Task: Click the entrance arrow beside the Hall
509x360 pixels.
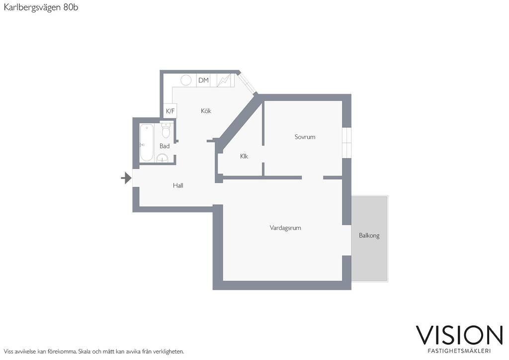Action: tap(126, 178)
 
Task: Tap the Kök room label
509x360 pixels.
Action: tap(206, 111)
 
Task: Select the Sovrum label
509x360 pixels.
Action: tap(305, 137)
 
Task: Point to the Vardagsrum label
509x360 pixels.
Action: tap(285, 228)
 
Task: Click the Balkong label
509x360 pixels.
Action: tap(369, 235)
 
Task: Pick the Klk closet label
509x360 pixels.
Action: tap(244, 157)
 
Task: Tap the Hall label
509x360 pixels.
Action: tap(178, 185)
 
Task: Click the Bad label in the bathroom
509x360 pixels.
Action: tap(165, 146)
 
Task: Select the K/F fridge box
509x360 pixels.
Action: tap(170, 111)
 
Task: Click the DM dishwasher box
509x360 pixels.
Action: tap(203, 80)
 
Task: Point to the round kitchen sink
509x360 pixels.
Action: tap(186, 80)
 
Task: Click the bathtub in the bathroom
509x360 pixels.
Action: tap(147, 143)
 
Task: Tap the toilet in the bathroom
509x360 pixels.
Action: tap(166, 130)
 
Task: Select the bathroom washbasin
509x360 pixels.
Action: tap(163, 158)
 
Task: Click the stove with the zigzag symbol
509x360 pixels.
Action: tap(225, 80)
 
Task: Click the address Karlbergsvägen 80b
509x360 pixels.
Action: tap(41, 7)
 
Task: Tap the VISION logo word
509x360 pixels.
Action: tap(459, 335)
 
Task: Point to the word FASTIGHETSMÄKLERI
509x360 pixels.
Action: tap(459, 351)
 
